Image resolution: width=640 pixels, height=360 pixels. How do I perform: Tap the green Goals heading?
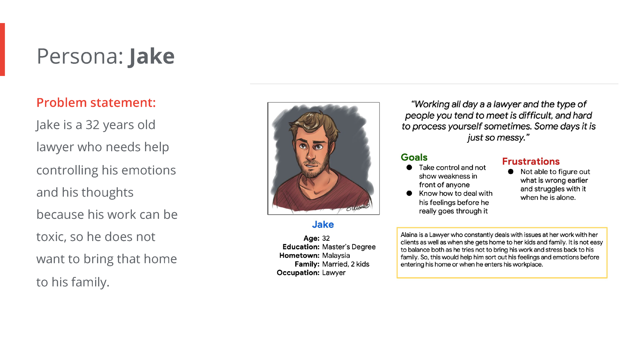(x=414, y=157)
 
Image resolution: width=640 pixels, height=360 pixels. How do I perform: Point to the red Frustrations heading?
(x=531, y=161)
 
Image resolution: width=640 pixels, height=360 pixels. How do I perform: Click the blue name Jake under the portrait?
(x=323, y=224)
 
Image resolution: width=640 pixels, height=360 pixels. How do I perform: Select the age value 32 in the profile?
(x=326, y=238)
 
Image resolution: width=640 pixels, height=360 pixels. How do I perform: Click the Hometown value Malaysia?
(x=336, y=255)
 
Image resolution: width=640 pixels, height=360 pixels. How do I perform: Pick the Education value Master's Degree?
(x=349, y=247)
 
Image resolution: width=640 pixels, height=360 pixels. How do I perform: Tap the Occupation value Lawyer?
(x=334, y=272)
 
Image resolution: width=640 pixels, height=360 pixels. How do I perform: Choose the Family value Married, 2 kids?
(x=346, y=264)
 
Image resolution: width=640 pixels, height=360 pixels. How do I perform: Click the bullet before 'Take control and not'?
(x=409, y=167)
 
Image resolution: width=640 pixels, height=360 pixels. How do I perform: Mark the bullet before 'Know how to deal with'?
(x=409, y=193)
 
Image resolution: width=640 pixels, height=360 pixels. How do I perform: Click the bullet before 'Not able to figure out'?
(x=510, y=171)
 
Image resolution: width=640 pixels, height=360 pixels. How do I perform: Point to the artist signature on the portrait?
(x=358, y=207)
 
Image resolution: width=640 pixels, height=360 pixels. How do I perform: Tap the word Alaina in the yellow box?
(x=409, y=235)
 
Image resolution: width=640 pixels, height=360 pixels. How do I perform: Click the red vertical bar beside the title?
(x=2, y=49)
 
